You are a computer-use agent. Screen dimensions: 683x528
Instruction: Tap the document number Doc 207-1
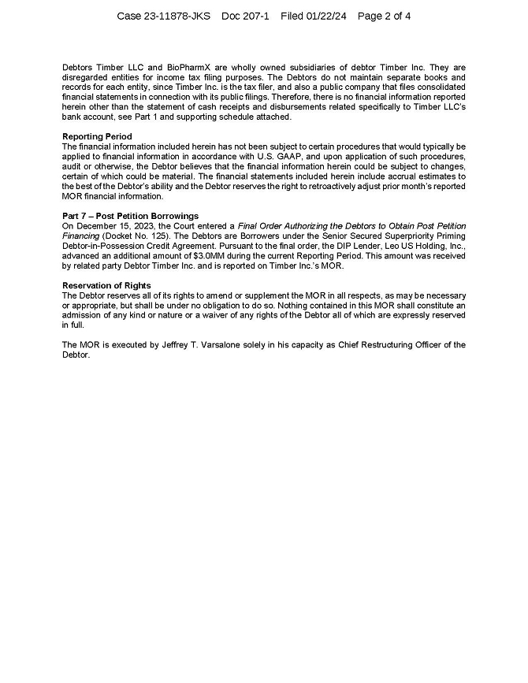(245, 16)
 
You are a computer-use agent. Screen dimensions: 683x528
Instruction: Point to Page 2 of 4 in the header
(384, 16)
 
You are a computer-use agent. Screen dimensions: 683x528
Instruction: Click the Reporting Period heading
(97, 137)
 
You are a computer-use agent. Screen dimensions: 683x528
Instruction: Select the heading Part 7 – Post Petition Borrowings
(130, 216)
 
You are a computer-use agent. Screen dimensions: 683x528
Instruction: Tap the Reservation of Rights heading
(106, 285)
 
